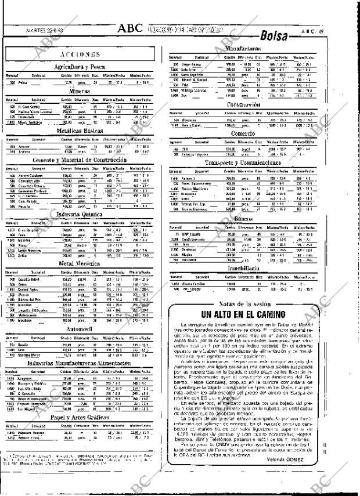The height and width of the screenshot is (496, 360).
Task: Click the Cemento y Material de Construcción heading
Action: pos(82,160)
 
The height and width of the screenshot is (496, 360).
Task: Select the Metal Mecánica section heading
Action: pos(82,264)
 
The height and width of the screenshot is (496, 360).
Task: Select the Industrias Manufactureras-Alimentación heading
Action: pos(82,362)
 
